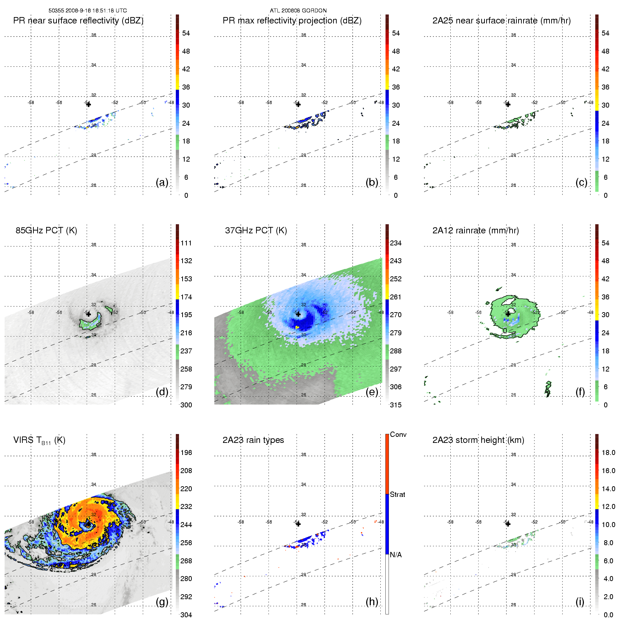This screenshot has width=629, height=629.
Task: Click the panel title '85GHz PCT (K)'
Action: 46,231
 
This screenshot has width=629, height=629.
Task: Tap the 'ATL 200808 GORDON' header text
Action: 298,11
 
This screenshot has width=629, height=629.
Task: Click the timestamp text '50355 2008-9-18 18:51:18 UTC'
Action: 87,11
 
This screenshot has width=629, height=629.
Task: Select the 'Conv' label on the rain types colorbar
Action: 398,434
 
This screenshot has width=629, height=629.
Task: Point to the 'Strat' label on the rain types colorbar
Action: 397,494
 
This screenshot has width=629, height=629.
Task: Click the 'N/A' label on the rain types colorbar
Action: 396,555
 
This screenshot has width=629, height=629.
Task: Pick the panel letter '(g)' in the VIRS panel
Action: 162,602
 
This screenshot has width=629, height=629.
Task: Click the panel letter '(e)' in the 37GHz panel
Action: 372,392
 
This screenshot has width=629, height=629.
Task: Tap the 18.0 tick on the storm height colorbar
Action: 608,452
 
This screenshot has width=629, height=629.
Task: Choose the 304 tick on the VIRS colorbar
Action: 186,615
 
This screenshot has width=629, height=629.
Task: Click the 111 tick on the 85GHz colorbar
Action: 186,243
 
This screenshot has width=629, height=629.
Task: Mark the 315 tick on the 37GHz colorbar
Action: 396,405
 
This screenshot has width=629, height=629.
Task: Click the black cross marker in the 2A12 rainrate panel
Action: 508,314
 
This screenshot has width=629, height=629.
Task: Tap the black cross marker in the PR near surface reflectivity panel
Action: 88,104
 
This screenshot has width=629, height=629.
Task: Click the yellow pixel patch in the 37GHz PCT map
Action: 297,327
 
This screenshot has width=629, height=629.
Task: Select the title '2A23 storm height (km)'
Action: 478,440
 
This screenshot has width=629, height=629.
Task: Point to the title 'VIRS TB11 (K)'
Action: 39,440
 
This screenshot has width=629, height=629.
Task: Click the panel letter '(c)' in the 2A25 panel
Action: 581,182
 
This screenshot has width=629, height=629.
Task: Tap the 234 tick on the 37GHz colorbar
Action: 396,243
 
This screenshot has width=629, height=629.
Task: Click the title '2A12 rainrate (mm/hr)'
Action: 476,231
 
